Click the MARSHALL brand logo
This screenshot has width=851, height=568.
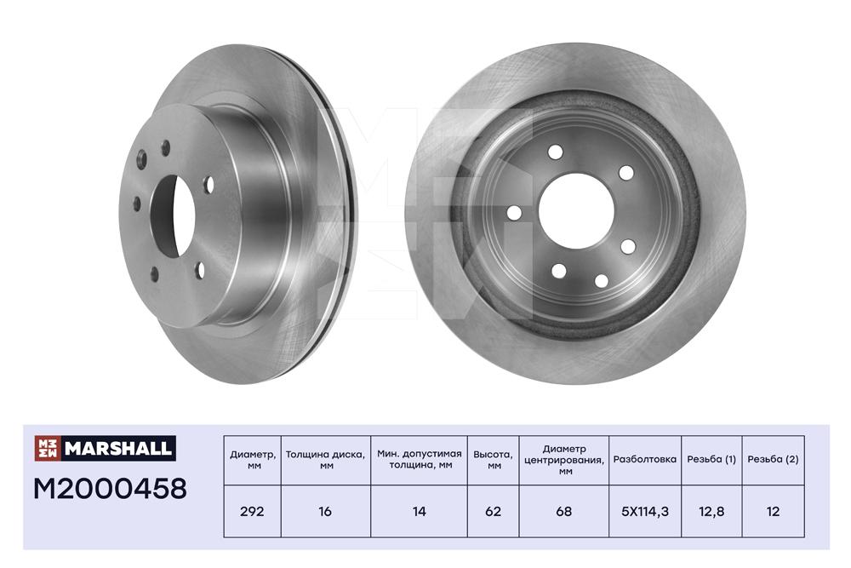(105, 448)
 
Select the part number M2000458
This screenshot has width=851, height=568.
(110, 489)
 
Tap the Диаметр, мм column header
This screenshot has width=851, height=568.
(253, 460)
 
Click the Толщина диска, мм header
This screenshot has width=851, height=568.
(326, 460)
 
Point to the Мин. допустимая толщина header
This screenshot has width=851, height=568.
(419, 460)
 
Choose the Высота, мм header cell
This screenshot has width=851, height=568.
(493, 460)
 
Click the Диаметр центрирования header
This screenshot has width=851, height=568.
(564, 460)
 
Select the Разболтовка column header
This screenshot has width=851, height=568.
(645, 459)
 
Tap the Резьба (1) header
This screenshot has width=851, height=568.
(711, 459)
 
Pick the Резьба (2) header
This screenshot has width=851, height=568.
(773, 459)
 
